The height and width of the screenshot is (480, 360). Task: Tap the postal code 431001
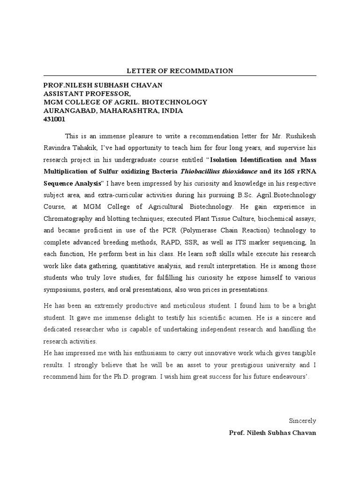(x=54, y=119)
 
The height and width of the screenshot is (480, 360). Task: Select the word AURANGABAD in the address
(x=66, y=111)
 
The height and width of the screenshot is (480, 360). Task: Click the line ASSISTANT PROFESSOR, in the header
(x=84, y=94)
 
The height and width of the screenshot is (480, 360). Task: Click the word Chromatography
(x=67, y=218)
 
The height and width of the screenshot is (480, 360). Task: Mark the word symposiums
(x=61, y=289)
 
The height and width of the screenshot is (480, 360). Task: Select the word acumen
(x=243, y=317)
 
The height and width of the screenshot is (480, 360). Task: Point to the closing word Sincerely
(x=303, y=421)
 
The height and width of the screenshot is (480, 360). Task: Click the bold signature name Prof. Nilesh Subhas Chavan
(x=272, y=433)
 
